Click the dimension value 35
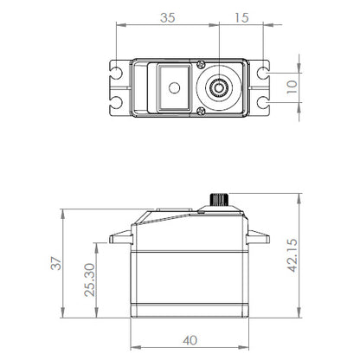[166, 16]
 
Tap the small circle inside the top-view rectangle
[173, 87]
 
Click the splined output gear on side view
[220, 199]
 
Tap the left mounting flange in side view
[119, 237]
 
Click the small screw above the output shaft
[200, 63]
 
